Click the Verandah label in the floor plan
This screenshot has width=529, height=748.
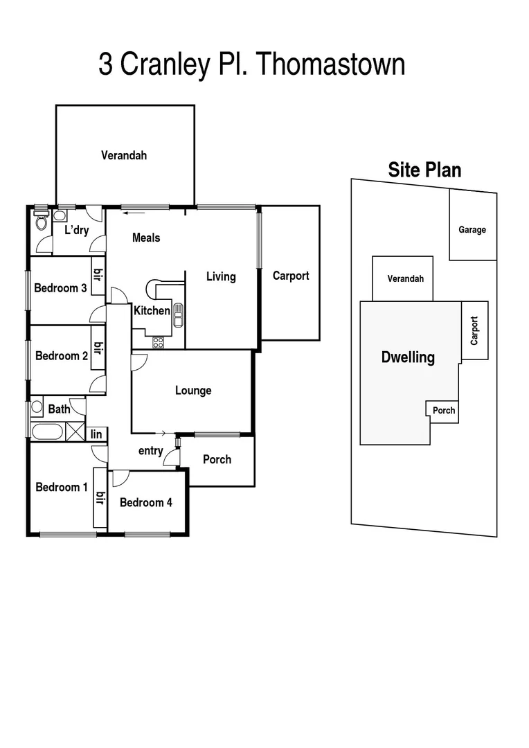(124, 155)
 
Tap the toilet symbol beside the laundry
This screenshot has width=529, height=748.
(41, 222)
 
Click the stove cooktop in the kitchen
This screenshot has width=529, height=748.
(158, 341)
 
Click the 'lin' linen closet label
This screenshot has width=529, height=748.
(96, 434)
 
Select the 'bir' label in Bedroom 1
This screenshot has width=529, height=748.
(100, 498)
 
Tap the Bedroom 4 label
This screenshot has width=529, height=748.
(146, 503)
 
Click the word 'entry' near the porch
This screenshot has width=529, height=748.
(150, 451)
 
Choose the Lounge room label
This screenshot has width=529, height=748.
(193, 391)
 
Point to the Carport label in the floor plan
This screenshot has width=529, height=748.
(290, 276)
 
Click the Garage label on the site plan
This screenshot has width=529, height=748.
(472, 230)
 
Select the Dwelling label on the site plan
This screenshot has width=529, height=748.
(408, 357)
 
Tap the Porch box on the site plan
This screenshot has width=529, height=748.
(443, 410)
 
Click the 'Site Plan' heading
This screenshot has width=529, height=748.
(424, 170)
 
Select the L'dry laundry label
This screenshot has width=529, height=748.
(76, 230)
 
